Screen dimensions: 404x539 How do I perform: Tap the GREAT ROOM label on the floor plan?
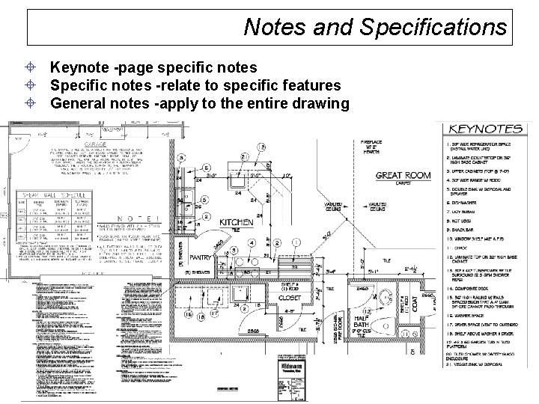point(402,177)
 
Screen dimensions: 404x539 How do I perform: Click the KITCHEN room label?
point(236,222)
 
